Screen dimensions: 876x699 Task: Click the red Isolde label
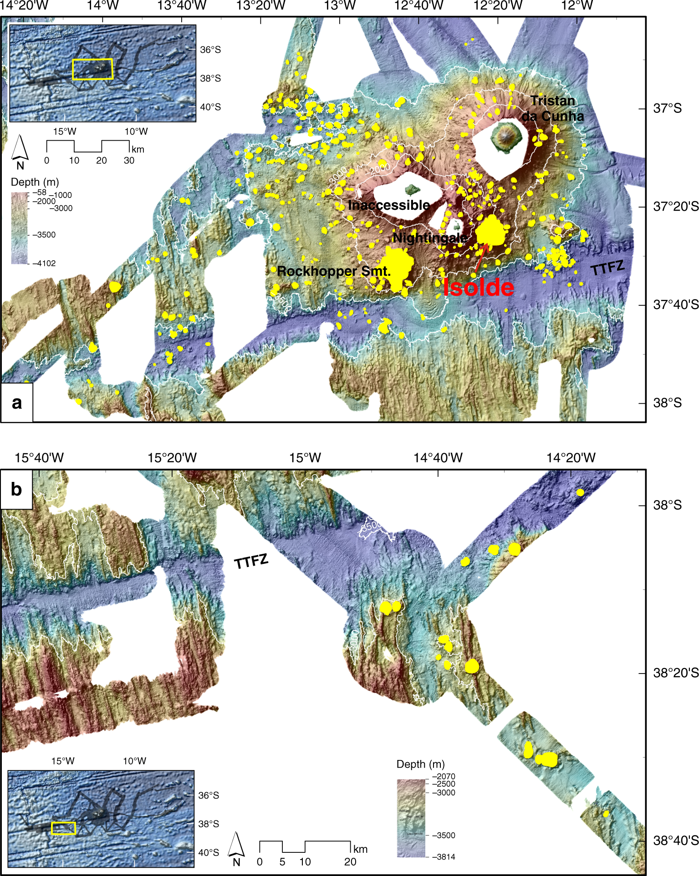coord(479,288)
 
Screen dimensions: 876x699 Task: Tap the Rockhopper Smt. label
coord(334,271)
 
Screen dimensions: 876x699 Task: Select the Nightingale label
coord(430,238)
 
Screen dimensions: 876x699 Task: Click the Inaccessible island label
coord(389,205)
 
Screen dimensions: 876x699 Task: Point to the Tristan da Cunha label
coord(553,108)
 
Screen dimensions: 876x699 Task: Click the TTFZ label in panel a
coord(607,268)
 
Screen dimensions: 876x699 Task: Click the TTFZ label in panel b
coord(251,562)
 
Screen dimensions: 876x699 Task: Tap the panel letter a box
coord(17,403)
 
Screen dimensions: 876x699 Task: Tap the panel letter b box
coord(16,489)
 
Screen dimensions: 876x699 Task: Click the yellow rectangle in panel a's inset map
coord(92,69)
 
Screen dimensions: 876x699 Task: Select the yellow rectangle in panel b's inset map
coord(63,828)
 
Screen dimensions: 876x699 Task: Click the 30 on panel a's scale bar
coord(129,161)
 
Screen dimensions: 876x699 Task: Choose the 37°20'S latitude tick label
coord(675,207)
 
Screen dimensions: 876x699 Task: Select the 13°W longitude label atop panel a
coord(340,6)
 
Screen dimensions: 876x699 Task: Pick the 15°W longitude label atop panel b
coord(305,458)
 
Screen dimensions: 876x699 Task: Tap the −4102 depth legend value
coord(44,263)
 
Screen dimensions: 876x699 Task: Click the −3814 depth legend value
coord(444,857)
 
